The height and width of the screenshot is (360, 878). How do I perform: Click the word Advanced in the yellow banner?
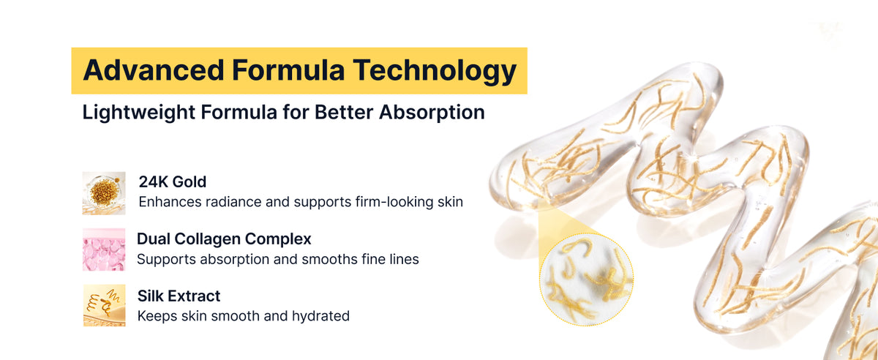[153, 70]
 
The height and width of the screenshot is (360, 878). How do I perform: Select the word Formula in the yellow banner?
[288, 70]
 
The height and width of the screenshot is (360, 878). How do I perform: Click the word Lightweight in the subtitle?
[138, 113]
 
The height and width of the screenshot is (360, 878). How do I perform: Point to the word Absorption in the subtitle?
[432, 113]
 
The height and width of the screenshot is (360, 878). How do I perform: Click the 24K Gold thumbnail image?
[104, 193]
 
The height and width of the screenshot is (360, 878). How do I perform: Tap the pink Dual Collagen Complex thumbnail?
[104, 250]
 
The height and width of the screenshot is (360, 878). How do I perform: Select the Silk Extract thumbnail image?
[104, 306]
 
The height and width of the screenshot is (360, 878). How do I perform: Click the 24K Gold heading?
[173, 182]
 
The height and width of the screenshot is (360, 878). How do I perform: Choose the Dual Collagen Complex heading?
[224, 239]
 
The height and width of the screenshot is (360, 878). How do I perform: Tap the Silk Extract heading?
[179, 296]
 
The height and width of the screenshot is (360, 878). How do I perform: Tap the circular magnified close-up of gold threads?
[586, 280]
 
